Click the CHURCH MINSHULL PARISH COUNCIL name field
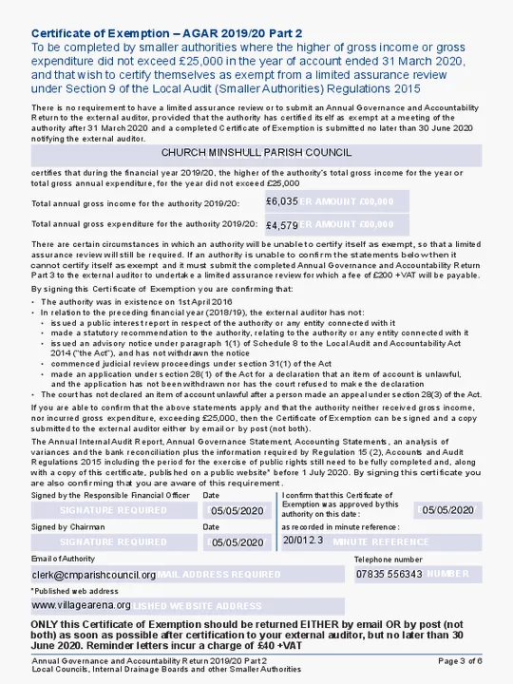[x=256, y=153]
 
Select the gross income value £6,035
[x=282, y=201]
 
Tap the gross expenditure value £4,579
[x=282, y=225]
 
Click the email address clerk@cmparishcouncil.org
[x=94, y=575]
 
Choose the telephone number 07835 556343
[x=389, y=574]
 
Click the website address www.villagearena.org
[x=82, y=605]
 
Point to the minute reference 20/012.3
[x=303, y=541]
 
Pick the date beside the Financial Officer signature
[x=237, y=511]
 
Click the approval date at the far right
[x=447, y=510]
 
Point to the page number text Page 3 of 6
[x=460, y=660]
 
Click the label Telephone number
[x=388, y=560]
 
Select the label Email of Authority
[x=63, y=559]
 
